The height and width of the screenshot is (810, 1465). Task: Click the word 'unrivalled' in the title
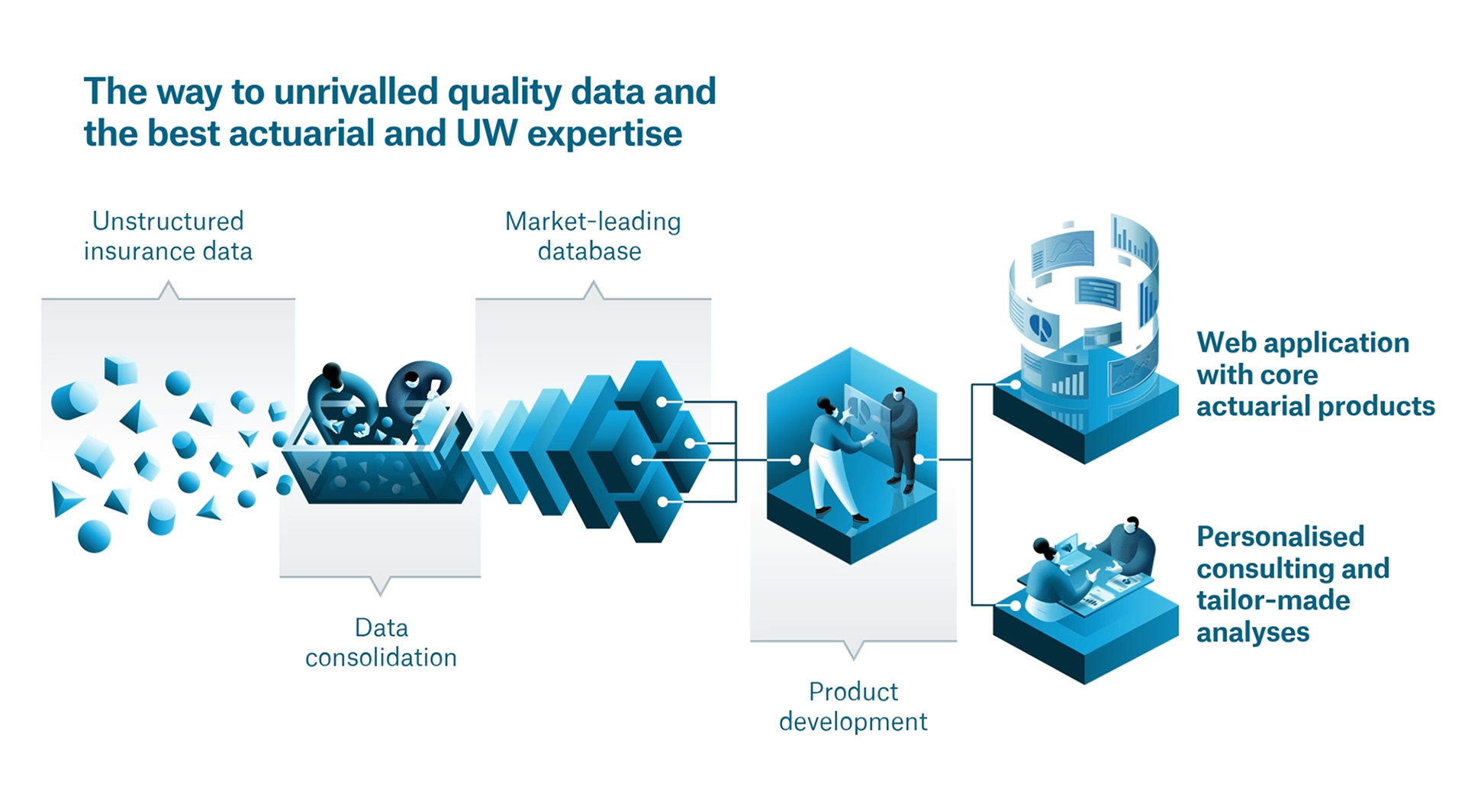coord(356,92)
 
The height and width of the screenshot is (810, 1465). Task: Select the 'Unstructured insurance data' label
coord(168,236)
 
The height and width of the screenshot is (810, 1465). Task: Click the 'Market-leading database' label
coord(592,236)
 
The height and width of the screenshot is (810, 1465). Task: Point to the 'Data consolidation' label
coord(381,642)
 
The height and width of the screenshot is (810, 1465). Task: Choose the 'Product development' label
coord(853,706)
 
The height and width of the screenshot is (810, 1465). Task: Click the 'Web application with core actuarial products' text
coord(1315,374)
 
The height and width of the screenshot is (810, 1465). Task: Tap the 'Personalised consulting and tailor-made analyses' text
coord(1293,584)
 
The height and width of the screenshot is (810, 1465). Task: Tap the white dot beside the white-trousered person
coord(795,460)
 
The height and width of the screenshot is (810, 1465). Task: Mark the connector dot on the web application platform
coord(1015,385)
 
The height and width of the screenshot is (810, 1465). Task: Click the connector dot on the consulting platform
coord(1015,605)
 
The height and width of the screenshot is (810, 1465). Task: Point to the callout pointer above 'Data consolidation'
coord(380,586)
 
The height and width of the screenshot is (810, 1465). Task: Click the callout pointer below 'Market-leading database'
coord(593,290)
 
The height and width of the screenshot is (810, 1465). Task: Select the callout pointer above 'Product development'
coord(854,650)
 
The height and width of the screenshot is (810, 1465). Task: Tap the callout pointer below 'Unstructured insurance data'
coord(168,290)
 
